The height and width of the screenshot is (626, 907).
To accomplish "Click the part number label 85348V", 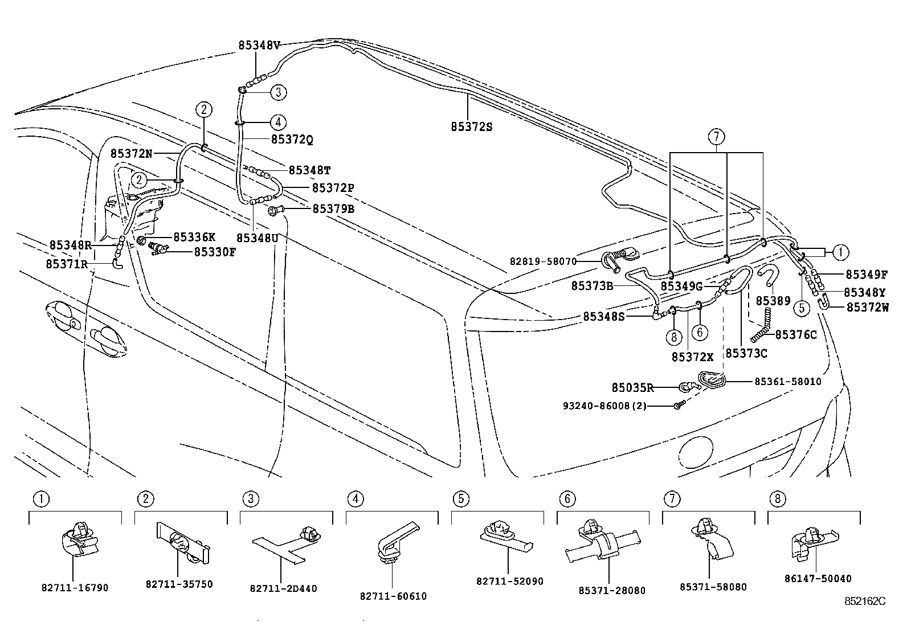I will tap(259, 46).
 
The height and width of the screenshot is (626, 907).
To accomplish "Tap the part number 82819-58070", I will tap(543, 261).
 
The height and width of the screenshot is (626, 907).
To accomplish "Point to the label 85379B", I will tap(333, 209).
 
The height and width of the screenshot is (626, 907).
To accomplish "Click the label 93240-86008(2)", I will tap(604, 406).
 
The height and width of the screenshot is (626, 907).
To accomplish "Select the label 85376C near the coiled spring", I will tap(796, 334).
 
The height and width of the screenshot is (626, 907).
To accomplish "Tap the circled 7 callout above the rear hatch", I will tap(716, 136).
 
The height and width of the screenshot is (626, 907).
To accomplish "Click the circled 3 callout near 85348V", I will tap(277, 92).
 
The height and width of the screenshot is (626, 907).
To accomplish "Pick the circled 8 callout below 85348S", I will tap(673, 337).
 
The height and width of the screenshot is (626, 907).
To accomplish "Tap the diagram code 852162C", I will tap(865, 600).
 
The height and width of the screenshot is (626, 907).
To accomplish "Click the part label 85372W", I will tap(867, 307).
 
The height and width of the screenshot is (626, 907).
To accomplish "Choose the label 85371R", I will tap(67, 264).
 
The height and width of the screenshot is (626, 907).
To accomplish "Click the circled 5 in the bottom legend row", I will tap(460, 500).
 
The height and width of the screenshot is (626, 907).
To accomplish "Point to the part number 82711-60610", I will tap(393, 596).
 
